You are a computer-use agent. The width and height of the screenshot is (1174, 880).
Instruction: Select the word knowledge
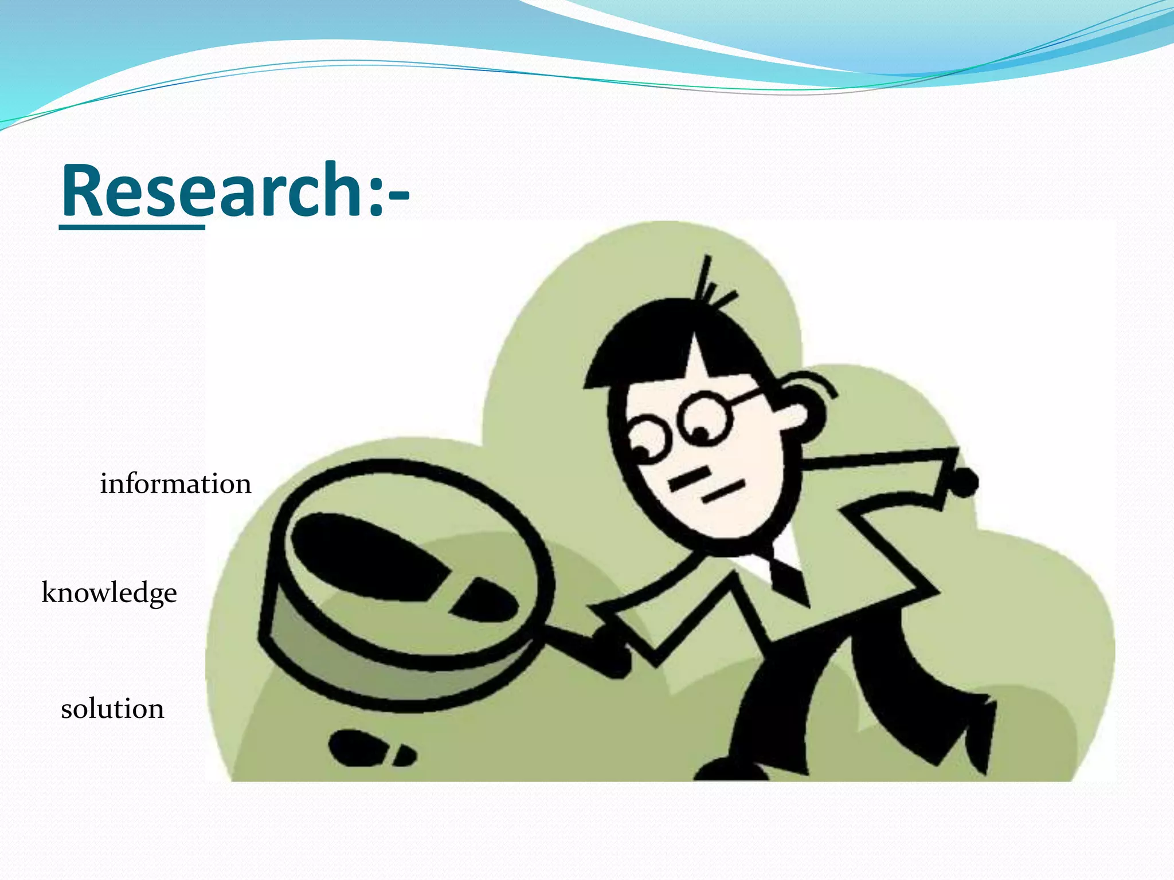click(x=109, y=593)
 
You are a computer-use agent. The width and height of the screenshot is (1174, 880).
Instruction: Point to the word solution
click(x=112, y=709)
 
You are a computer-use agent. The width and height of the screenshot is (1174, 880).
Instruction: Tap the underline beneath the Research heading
click(x=132, y=227)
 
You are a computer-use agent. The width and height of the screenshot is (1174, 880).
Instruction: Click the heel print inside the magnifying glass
click(x=484, y=602)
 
